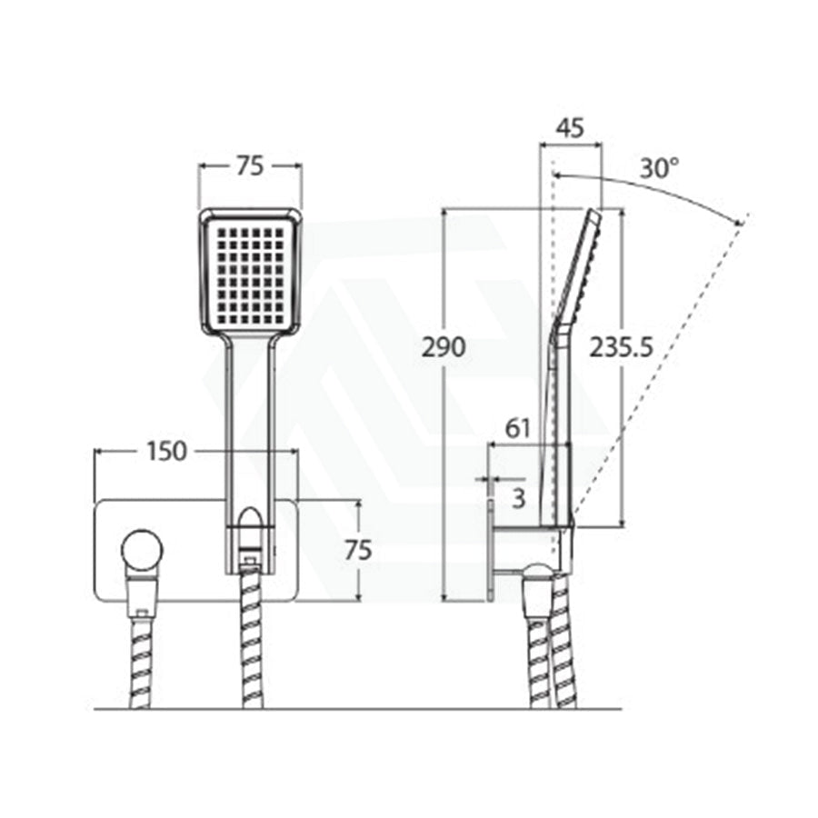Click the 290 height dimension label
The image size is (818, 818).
444,347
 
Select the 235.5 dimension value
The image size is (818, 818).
621,347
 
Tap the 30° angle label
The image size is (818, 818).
660,168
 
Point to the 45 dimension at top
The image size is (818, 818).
570,128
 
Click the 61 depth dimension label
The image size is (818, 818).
517,428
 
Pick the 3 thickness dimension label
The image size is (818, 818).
518,499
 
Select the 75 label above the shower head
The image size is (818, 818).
251,166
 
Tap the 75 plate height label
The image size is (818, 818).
358,551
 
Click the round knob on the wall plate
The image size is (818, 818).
142,551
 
